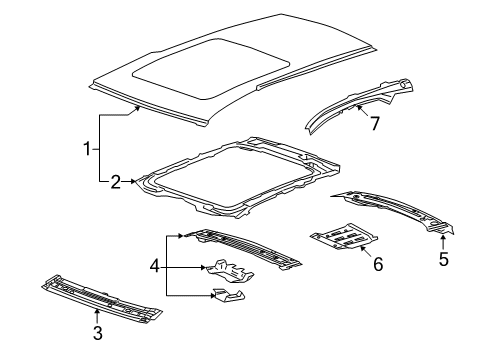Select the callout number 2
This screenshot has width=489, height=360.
115,181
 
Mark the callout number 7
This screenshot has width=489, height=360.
375,123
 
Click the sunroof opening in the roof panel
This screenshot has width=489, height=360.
199,68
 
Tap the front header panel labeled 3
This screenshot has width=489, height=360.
100,299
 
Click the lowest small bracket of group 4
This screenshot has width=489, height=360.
229,295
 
